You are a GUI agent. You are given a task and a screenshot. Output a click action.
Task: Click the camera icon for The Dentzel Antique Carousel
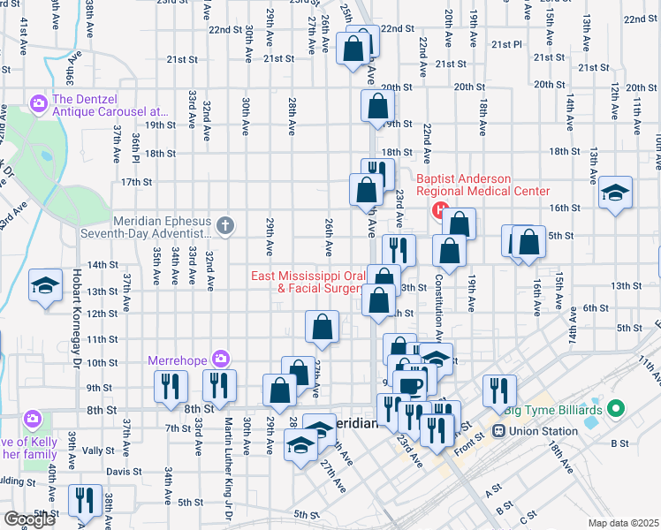(38, 105)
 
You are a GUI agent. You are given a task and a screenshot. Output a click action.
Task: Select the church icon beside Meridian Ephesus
(225, 226)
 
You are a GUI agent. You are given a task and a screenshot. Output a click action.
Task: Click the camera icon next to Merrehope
(220, 360)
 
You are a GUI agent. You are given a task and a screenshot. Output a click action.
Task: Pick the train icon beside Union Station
(498, 431)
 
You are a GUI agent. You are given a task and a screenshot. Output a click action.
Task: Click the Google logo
(29, 519)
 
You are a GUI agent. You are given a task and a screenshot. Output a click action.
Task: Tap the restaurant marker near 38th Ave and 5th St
(85, 500)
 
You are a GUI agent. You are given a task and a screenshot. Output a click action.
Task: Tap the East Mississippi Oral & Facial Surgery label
(307, 282)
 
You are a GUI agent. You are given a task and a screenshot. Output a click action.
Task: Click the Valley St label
(98, 450)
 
